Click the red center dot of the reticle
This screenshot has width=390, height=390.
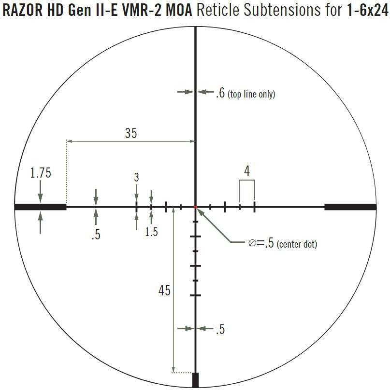196,207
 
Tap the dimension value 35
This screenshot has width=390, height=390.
131,133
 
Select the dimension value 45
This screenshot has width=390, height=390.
164,290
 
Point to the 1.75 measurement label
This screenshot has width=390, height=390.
41,173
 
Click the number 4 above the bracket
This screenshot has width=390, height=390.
247,171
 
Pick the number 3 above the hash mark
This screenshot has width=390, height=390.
136,177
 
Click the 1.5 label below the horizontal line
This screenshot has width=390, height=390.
151,232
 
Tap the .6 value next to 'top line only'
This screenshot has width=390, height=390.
220,93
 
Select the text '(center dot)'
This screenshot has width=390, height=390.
297,244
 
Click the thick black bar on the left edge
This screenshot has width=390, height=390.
40,207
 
